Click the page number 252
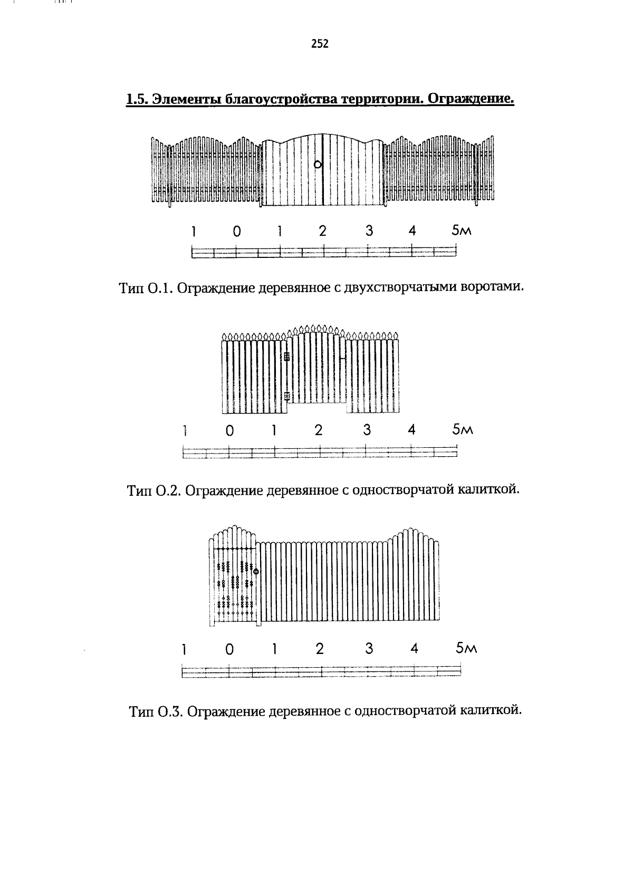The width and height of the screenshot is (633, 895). pos(320,44)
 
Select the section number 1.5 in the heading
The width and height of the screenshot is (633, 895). pos(137,99)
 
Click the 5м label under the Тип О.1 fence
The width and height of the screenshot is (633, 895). pos(460,231)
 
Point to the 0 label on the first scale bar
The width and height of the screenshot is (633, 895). pos(237,231)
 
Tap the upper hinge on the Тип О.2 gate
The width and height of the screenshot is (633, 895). pos(286,357)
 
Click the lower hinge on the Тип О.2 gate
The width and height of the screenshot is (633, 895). pos(286,396)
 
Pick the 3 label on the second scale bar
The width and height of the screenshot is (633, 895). pos(367,430)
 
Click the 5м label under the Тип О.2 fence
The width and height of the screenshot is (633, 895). pos(463,430)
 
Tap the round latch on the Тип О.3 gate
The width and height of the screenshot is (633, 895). pos(256,571)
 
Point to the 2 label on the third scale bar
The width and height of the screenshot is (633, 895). pos(320,649)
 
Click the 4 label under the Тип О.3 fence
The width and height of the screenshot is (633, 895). pos(415,649)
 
